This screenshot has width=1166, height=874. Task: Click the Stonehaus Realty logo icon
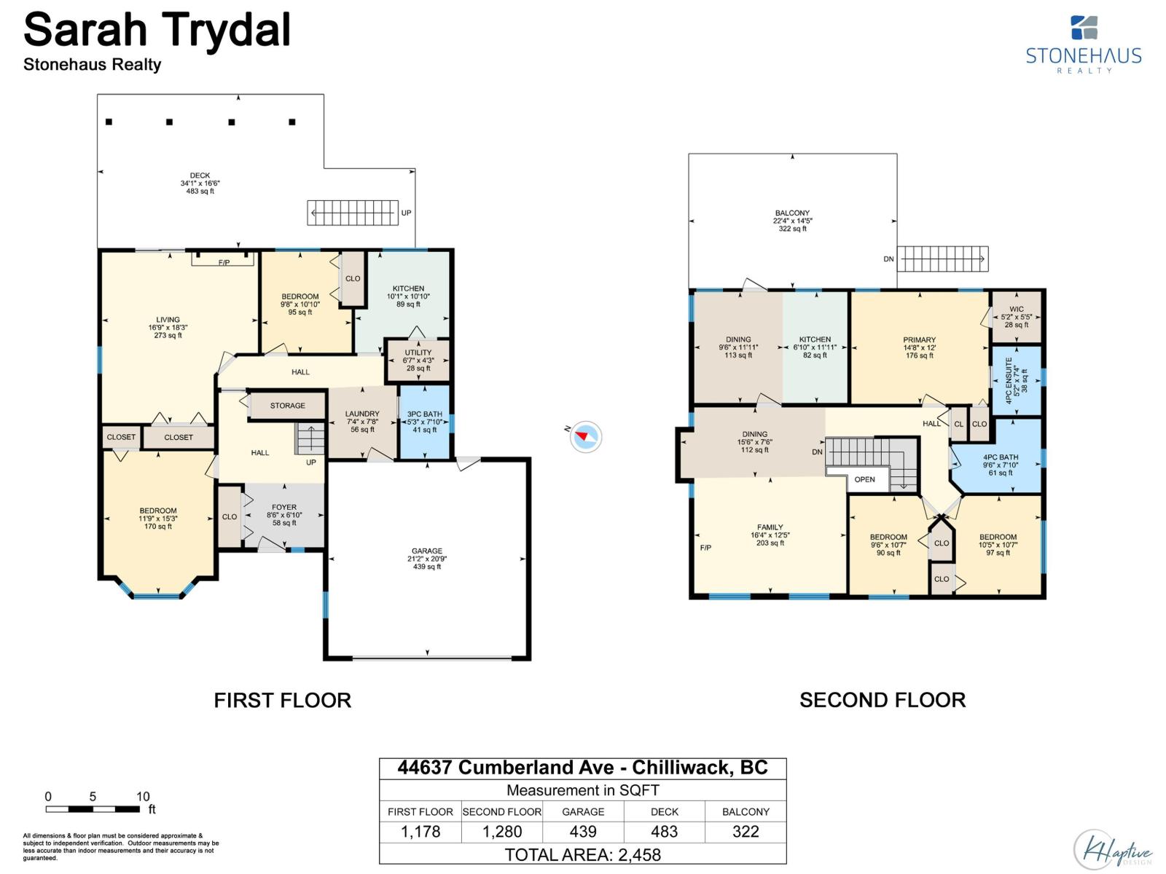1084,28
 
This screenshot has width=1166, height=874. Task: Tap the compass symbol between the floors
585,437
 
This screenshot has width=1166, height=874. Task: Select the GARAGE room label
426,551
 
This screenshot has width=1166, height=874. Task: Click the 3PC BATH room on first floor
424,422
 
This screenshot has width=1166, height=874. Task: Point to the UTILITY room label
418,353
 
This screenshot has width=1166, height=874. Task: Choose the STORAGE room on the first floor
287,406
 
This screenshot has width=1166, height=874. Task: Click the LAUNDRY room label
362,414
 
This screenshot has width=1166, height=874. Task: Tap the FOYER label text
284,508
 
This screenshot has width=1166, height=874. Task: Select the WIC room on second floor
1016,317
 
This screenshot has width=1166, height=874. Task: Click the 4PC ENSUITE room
1016,381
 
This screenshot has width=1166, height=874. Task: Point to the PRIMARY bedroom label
919,339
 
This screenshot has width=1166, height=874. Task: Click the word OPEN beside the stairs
864,480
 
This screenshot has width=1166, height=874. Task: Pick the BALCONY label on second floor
792,213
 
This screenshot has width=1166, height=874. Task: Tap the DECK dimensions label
200,183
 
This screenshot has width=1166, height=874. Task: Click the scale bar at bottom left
93,809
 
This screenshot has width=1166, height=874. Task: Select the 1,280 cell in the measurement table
502,832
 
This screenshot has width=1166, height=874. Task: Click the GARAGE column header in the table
583,811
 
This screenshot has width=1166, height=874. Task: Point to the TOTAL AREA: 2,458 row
583,854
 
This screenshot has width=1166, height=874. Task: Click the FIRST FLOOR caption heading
283,701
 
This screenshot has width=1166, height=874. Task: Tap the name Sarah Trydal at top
157,31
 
